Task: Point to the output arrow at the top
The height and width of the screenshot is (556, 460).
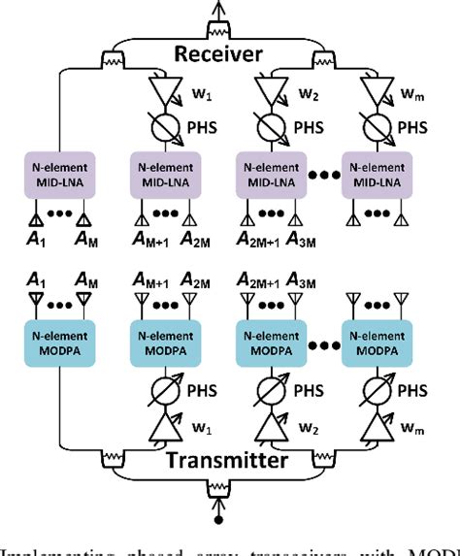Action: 229,9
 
